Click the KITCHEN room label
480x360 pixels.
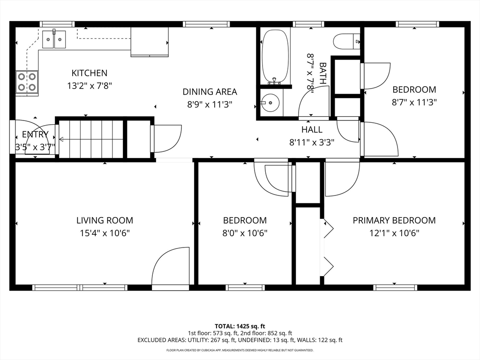[x=90, y=73]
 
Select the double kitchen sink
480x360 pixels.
[x=54, y=39]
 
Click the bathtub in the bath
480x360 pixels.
[x=275, y=57]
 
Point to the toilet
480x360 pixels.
[x=346, y=41]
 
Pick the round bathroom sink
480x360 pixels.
[x=270, y=103]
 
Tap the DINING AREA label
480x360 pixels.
[x=210, y=91]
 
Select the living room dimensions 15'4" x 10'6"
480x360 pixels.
[x=105, y=233]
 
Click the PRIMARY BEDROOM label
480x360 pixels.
[x=394, y=220]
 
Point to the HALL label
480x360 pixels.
[x=312, y=129]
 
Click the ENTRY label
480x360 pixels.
[x=35, y=134]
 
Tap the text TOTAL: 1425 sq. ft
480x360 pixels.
[x=240, y=326]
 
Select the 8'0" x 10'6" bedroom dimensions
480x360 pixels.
[x=245, y=233]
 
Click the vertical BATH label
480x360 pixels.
[x=322, y=74]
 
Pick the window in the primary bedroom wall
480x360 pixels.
[x=395, y=287]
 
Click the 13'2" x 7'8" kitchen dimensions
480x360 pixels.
[x=90, y=86]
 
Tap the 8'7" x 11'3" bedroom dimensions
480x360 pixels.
[x=414, y=102]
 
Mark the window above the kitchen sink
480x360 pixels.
[x=57, y=24]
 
